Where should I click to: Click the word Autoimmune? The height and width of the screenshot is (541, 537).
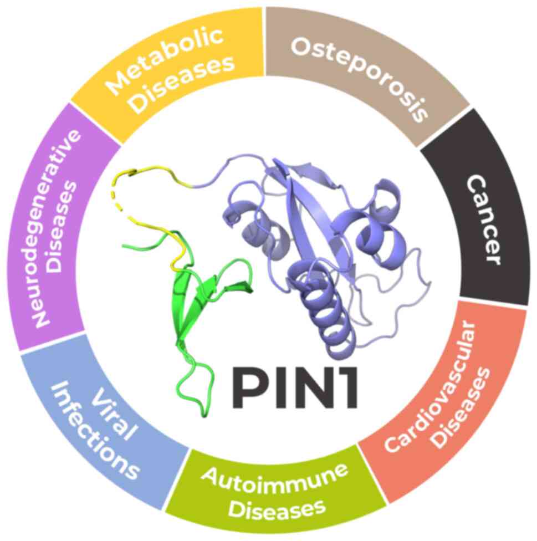[x=275, y=477]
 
